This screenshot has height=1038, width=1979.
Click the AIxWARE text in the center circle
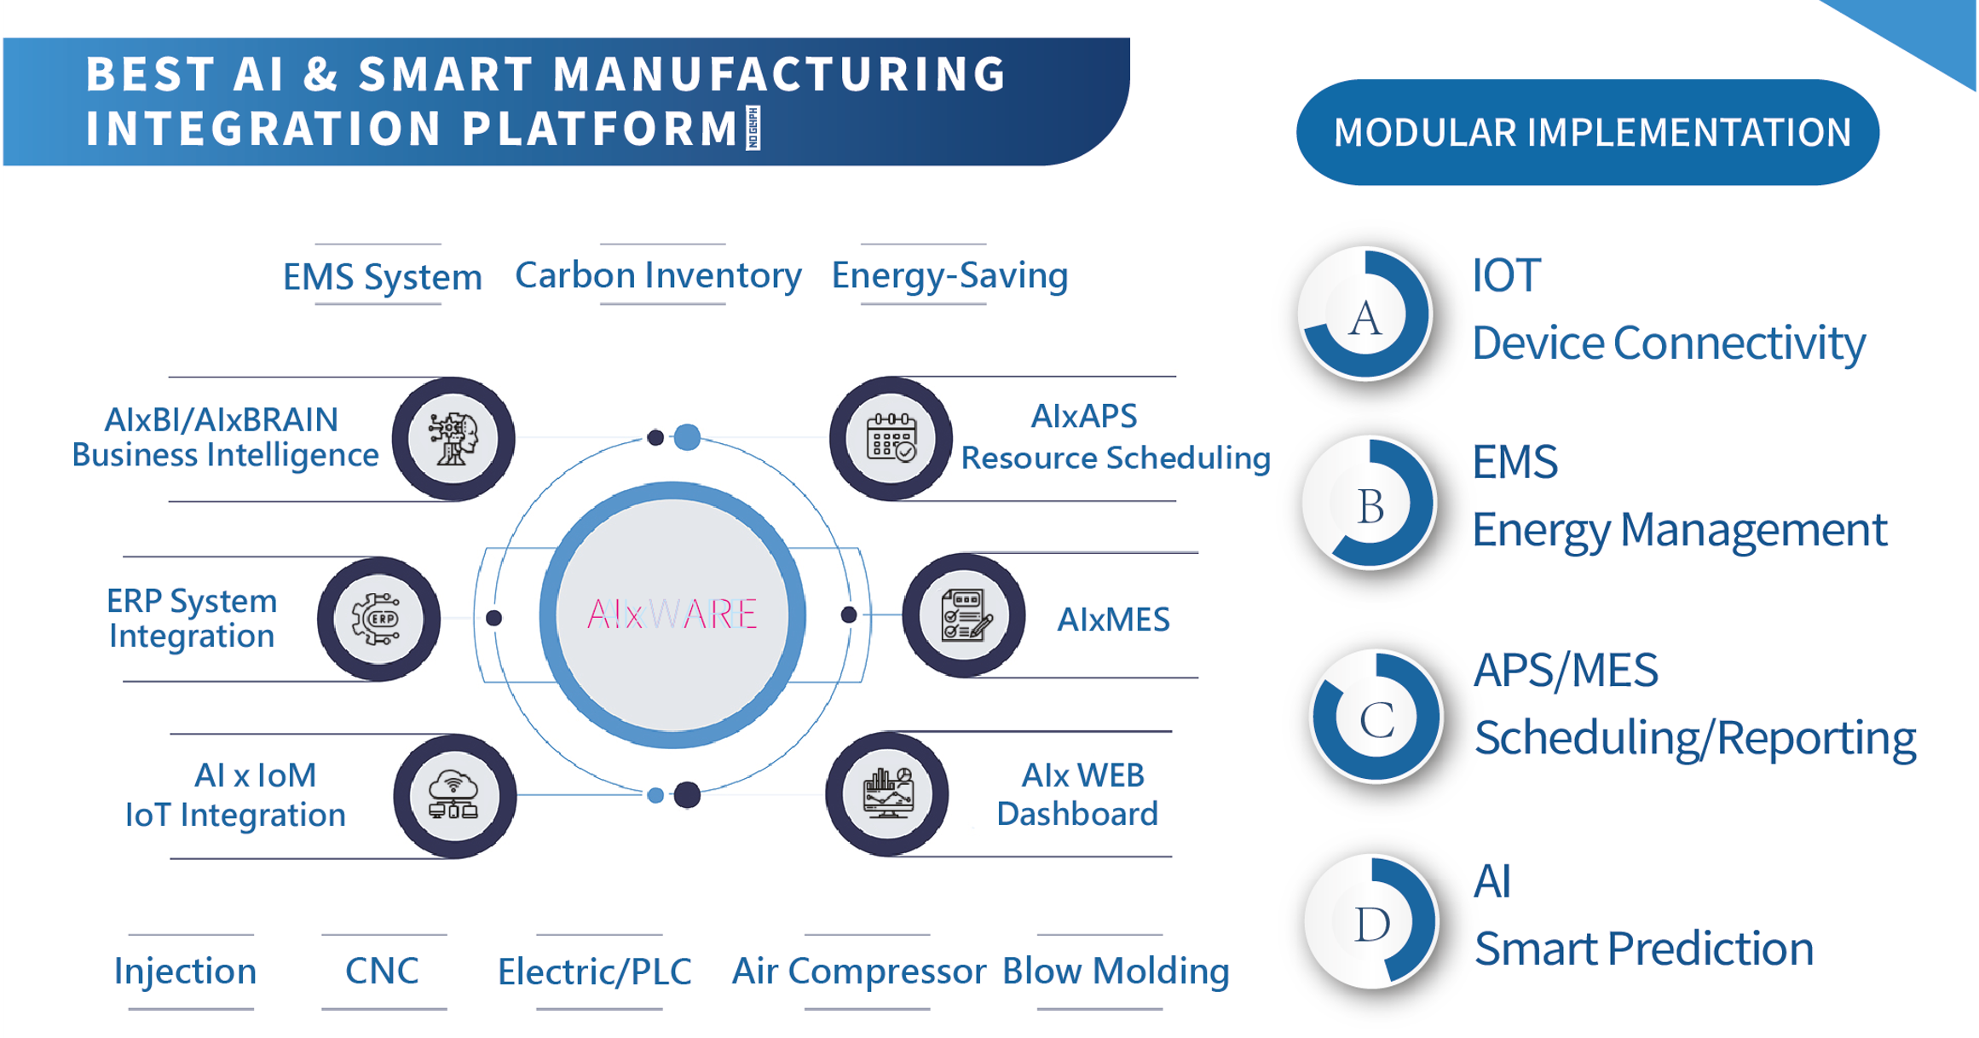[x=672, y=614]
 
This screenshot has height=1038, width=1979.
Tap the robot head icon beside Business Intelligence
[x=453, y=439]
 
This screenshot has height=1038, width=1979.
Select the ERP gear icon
[x=378, y=619]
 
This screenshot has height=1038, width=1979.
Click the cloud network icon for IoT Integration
[x=454, y=796]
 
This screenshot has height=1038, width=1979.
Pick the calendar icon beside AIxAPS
[x=891, y=438]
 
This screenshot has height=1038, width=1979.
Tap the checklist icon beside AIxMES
[x=964, y=615]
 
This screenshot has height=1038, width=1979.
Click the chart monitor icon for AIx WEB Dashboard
[x=887, y=793]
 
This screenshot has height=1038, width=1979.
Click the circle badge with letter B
[x=1370, y=504]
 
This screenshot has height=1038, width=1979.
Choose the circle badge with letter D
[x=1372, y=922]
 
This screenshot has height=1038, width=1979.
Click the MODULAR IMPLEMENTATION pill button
[x=1588, y=132]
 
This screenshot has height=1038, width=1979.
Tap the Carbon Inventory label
[x=658, y=274]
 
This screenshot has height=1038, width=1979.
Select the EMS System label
[x=382, y=276]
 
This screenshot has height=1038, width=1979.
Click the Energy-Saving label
[x=949, y=275]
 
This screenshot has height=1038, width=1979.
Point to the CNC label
[x=382, y=971]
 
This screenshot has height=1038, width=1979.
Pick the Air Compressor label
[x=859, y=972]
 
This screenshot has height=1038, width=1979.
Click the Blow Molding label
[x=1116, y=972]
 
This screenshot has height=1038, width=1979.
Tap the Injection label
[x=185, y=972]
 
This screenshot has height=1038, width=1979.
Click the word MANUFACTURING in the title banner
[x=780, y=73]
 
